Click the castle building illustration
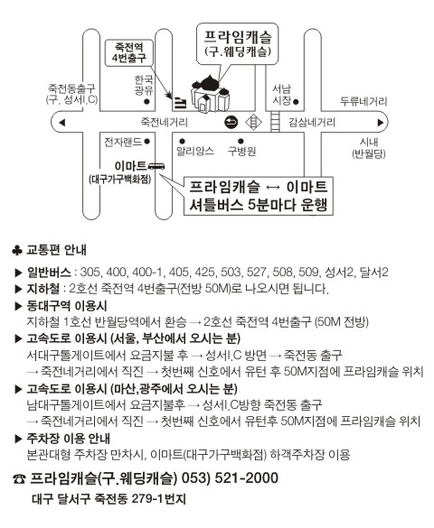tap(210, 94)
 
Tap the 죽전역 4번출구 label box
tap(129, 52)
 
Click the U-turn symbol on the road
tap(231, 122)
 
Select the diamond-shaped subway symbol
tap(253, 122)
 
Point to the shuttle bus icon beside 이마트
tap(156, 166)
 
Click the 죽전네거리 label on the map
tap(164, 122)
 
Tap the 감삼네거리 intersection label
tap(312, 122)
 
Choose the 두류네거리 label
tap(363, 101)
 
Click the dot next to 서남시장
tap(296, 102)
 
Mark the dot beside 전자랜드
tap(146, 142)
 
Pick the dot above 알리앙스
tap(182, 141)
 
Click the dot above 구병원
tap(241, 141)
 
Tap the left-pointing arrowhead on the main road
tap(61, 122)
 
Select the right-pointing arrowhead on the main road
tap(381, 122)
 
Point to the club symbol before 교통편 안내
tap(17, 250)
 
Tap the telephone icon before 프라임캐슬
tap(19, 478)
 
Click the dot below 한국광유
tap(146, 101)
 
